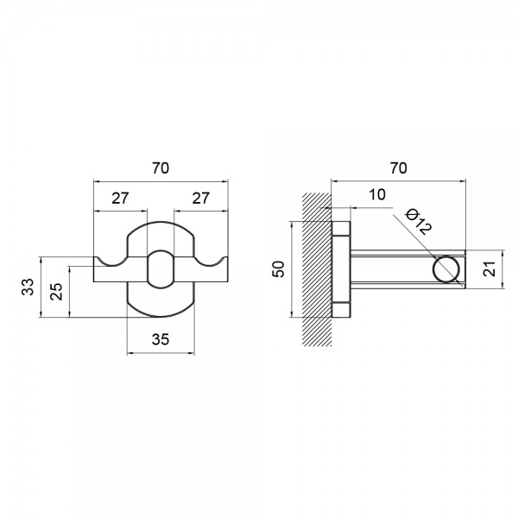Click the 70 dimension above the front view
tap(161, 168)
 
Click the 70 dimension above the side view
tap(398, 168)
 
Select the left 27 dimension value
tap(120, 199)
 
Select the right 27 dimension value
tap(201, 199)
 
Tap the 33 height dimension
tap(28, 287)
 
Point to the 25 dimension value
tap(56, 291)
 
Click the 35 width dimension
tap(161, 339)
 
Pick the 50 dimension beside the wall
tap(279, 268)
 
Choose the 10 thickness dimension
tap(377, 194)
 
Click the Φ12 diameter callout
tap(419, 221)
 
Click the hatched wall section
tap(317, 269)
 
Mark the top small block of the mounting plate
tap(341, 228)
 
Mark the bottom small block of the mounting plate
tap(341, 310)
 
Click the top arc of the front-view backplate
tap(161, 222)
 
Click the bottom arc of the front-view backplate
tap(161, 317)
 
